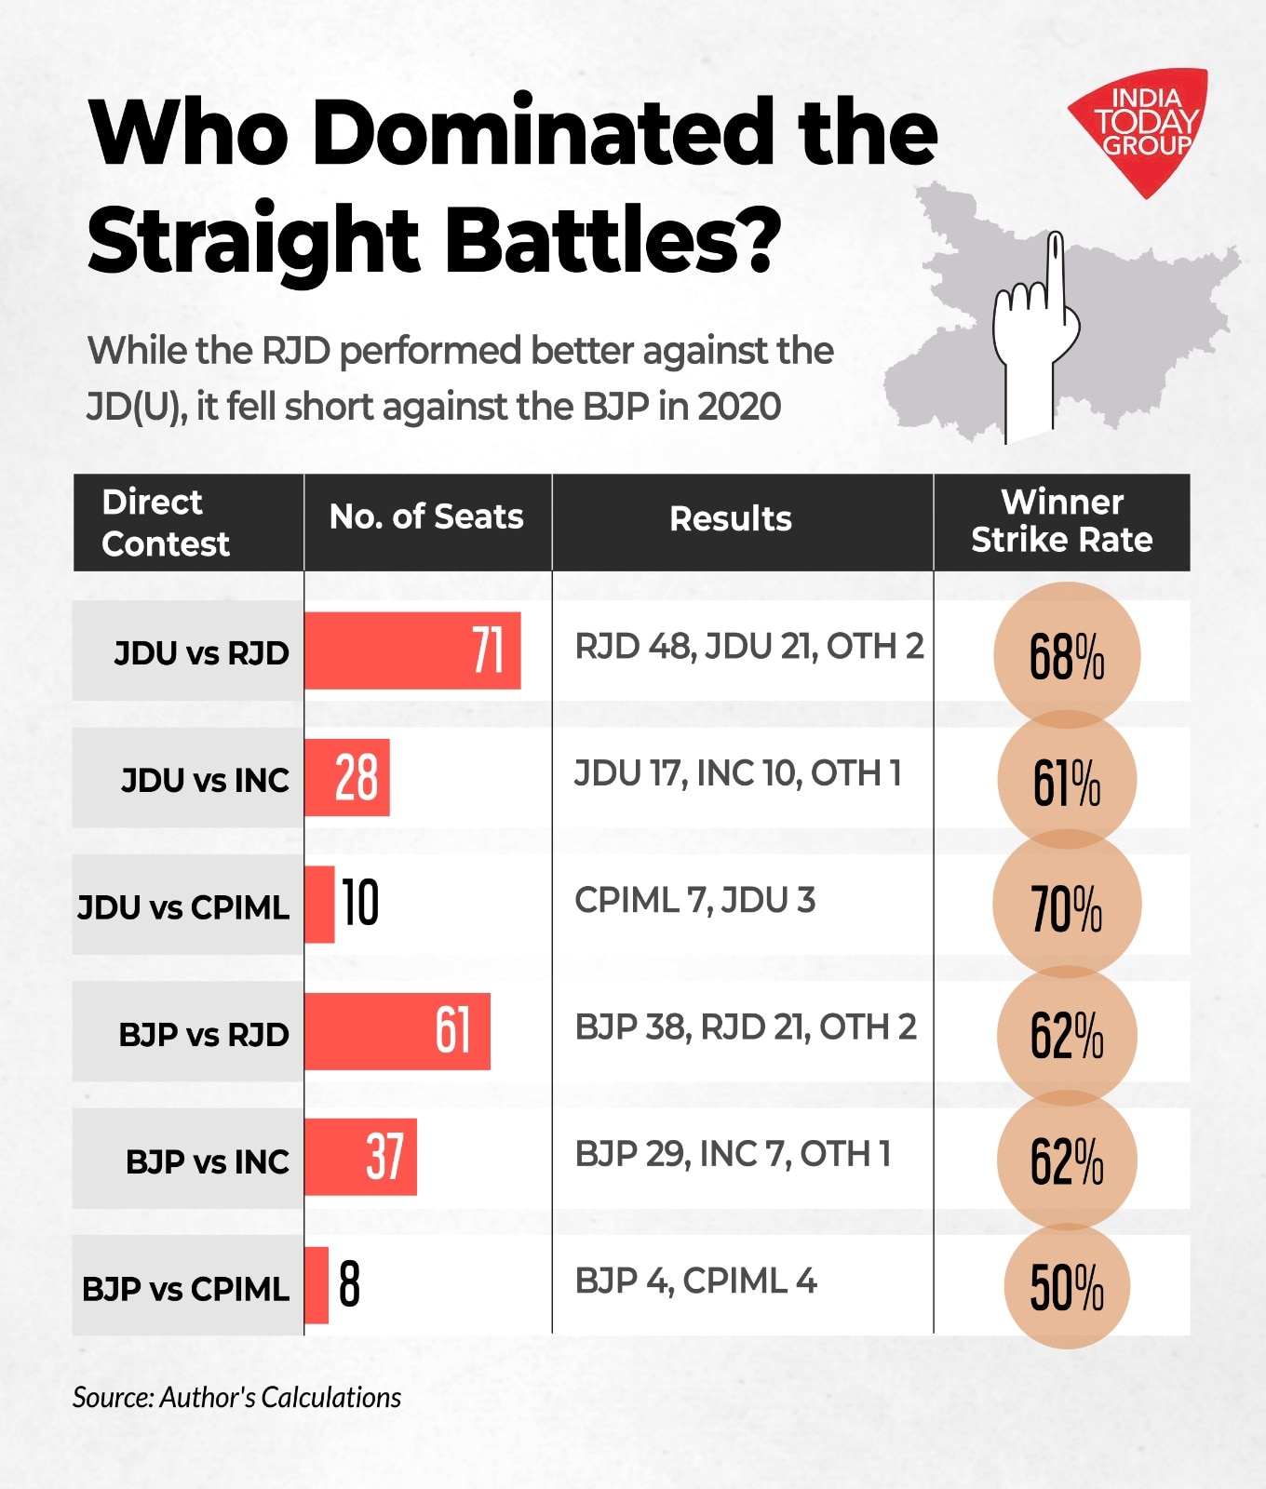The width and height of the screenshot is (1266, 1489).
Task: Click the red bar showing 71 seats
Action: click(x=412, y=651)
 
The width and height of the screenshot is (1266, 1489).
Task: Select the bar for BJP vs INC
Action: click(x=360, y=1157)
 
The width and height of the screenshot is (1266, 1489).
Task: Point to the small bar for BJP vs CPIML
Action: click(x=316, y=1285)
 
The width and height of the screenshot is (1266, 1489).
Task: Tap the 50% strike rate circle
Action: click(x=1067, y=1287)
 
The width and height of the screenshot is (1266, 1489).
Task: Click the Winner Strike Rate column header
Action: click(x=1061, y=521)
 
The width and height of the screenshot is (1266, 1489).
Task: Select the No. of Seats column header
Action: click(x=426, y=517)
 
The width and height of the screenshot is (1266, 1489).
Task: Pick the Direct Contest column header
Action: click(x=165, y=522)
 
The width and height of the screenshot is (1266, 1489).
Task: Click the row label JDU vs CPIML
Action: click(x=183, y=907)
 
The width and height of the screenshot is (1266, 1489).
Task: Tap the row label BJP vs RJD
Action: click(x=203, y=1035)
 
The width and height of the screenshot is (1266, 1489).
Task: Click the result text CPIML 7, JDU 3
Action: click(x=694, y=901)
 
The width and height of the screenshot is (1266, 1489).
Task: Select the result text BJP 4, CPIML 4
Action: click(x=695, y=1281)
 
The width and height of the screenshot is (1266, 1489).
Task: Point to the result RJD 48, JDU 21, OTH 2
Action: click(x=748, y=646)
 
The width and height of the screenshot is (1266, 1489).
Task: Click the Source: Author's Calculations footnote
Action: click(x=236, y=1397)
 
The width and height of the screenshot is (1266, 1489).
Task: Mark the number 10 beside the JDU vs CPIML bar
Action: click(x=360, y=903)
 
